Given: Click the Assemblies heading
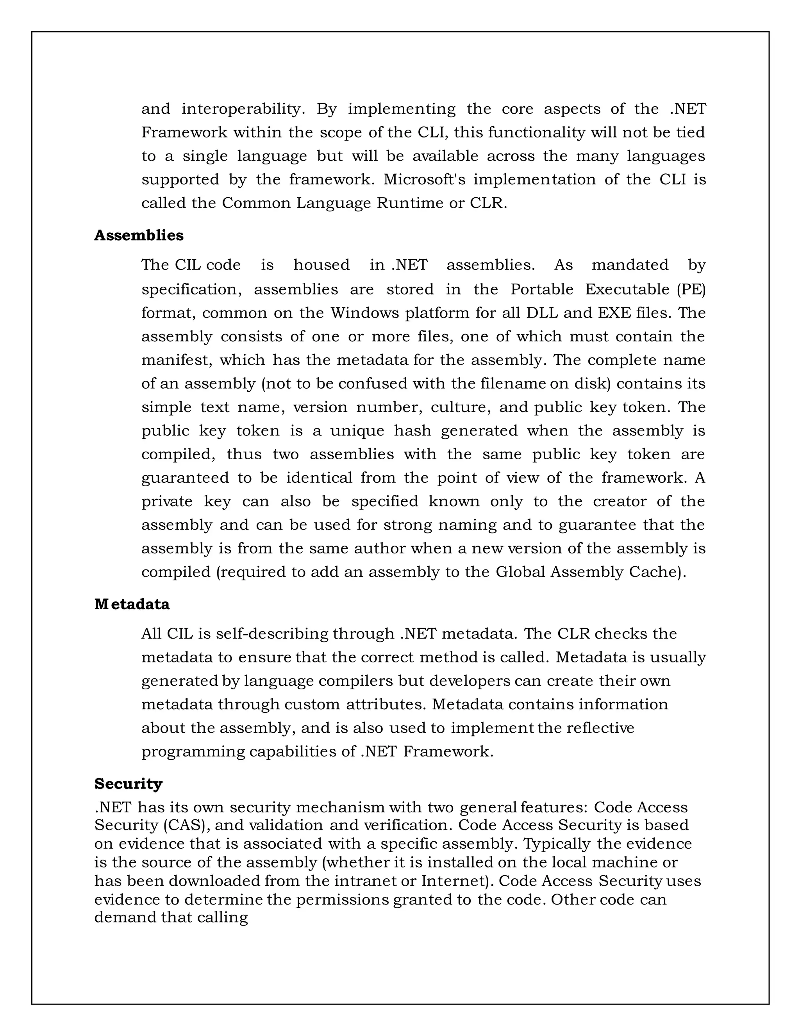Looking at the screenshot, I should point(138,236).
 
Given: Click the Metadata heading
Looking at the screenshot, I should point(132,604).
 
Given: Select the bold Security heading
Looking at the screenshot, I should point(128,783).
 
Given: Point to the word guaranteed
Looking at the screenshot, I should point(185,478).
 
